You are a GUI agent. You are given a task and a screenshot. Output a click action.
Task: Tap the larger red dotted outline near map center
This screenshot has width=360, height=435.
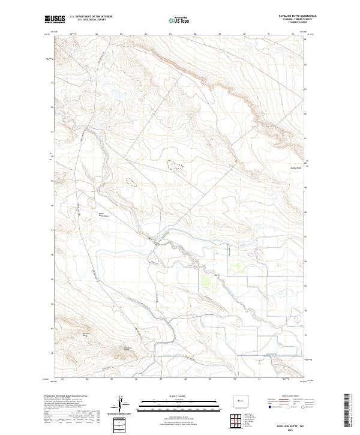point(174,163)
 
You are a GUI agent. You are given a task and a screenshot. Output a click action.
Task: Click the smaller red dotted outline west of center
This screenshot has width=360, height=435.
point(131,182)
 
